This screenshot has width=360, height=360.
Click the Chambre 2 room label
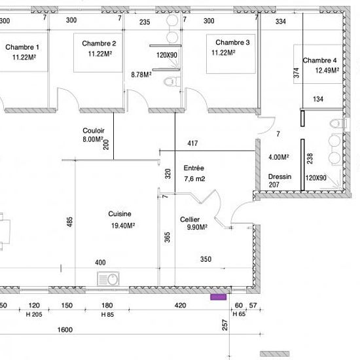coord(99,43)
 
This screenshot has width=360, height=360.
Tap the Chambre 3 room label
coord(232,43)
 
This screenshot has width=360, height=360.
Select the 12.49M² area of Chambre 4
coord(327,70)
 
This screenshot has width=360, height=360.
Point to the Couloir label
coord(94,131)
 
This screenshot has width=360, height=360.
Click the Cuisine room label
coord(120,214)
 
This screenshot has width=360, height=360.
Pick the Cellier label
coord(190,219)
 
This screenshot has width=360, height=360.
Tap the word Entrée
coord(194,168)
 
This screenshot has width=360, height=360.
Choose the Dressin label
coord(279,177)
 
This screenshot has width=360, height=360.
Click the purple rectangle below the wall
coord(219,297)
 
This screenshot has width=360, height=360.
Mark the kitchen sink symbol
coord(109,279)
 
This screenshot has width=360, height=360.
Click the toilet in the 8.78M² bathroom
coord(171,82)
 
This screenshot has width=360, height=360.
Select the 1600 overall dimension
coord(65,330)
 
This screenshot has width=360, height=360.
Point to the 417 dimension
coord(192,143)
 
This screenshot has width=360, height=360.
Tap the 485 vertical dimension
coord(70,222)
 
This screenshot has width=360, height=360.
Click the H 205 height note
coord(34,315)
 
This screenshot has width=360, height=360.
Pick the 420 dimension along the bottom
coord(180,306)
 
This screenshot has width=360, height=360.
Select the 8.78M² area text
coord(141,75)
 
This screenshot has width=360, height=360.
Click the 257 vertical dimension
coord(225,325)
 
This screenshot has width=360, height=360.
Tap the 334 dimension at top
coord(281,22)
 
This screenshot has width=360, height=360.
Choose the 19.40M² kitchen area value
coord(123,226)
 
